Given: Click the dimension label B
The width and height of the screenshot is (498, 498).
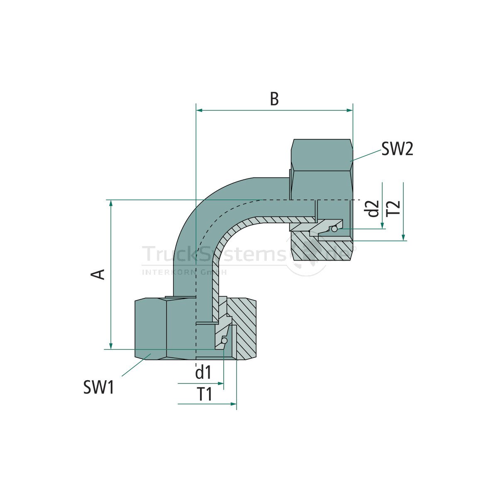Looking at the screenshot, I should pyautogui.click(x=274, y=99).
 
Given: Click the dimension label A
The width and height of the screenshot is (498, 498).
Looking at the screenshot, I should pyautogui.click(x=98, y=274).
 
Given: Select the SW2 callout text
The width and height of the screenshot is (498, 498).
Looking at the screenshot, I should pyautogui.click(x=397, y=149).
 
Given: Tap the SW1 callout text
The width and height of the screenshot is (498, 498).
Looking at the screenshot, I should pyautogui.click(x=98, y=388).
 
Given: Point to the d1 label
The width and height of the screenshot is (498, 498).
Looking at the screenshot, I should pyautogui.click(x=203, y=373).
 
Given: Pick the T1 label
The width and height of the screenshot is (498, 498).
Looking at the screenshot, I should pyautogui.click(x=204, y=394).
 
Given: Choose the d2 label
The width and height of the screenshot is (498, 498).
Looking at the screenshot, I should pyautogui.click(x=373, y=209).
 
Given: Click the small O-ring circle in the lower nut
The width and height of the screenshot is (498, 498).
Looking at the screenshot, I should pyautogui.click(x=224, y=341).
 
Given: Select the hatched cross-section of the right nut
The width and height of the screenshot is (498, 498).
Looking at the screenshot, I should pyautogui.click(x=315, y=249).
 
